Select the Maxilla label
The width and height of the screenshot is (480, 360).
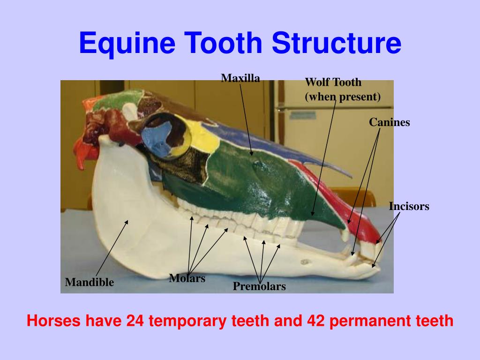pyautogui.click(x=240, y=78)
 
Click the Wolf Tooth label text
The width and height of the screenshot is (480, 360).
pyautogui.click(x=333, y=82)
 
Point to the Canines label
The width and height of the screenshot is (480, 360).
pyautogui.click(x=389, y=123)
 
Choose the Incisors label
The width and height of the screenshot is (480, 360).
pyautogui.click(x=409, y=206)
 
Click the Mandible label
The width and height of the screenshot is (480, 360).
pyautogui.click(x=89, y=282)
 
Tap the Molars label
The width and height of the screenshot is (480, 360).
pyautogui.click(x=187, y=278)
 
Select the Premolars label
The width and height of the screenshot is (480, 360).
pyautogui.click(x=259, y=286)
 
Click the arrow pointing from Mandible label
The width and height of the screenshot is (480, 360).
pyautogui.click(x=112, y=248)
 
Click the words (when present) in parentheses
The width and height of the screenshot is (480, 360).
pyautogui.click(x=343, y=97)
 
